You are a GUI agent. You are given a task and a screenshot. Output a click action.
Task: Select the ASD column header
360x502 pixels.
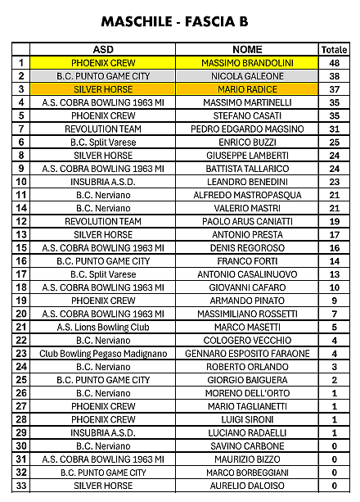(103, 49)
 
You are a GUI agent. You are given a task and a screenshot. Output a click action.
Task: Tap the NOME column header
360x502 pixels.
(247, 49)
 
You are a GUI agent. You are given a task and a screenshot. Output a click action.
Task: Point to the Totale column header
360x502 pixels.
(334, 49)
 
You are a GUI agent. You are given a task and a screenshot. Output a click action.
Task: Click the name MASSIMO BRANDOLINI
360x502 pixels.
(247, 62)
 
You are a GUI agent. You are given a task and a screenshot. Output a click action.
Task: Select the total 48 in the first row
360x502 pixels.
(334, 62)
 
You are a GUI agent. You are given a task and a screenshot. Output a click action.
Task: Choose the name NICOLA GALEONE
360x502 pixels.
(247, 75)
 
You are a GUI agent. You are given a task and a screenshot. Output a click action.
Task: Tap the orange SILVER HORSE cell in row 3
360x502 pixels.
(103, 88)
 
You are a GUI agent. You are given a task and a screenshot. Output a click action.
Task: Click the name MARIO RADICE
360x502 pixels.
(247, 88)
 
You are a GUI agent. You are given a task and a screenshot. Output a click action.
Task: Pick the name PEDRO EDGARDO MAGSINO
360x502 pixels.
(247, 129)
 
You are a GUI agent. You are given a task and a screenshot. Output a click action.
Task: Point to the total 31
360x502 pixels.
(334, 129)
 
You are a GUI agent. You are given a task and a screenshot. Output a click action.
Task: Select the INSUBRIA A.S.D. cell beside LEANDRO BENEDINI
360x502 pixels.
(103, 182)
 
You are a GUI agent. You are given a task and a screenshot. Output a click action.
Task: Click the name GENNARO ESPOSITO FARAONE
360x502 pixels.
(247, 354)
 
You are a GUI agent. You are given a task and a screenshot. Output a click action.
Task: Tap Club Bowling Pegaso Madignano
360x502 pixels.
(103, 354)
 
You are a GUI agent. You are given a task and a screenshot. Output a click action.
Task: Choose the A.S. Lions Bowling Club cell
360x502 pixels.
(103, 327)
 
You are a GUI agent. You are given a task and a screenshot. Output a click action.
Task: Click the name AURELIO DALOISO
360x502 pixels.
(247, 486)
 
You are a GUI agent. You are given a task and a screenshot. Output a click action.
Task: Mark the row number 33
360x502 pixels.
(20, 486)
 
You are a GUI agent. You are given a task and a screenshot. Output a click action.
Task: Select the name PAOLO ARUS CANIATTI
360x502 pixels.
(247, 221)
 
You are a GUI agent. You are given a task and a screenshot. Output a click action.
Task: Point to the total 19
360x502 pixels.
(334, 221)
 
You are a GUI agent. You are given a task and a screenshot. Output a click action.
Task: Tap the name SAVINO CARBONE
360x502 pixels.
(247, 446)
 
